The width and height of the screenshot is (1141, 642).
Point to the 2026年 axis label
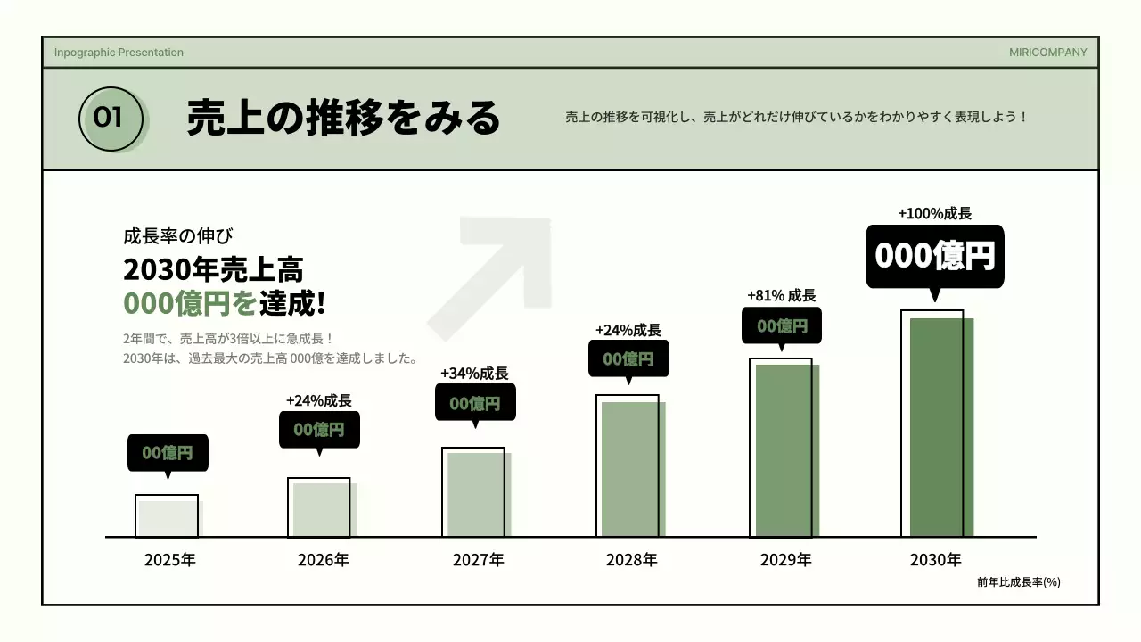pyautogui.click(x=323, y=560)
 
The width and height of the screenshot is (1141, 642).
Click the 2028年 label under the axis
pyautogui.click(x=631, y=560)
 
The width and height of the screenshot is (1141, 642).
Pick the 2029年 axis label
pyautogui.click(x=785, y=560)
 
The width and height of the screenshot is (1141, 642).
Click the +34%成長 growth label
pyautogui.click(x=474, y=373)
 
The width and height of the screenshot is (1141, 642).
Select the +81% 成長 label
pyautogui.click(x=781, y=295)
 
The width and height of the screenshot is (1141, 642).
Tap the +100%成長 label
pyautogui.click(x=934, y=213)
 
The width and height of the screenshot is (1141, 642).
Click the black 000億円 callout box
pyautogui.click(x=934, y=256)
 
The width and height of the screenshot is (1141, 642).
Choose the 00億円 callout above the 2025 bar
pyautogui.click(x=168, y=452)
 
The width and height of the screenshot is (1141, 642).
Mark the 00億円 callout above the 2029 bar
pyautogui.click(x=782, y=325)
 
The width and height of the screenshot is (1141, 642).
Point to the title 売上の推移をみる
pyautogui.click(x=343, y=118)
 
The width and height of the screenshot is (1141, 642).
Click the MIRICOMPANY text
pyautogui.click(x=1047, y=53)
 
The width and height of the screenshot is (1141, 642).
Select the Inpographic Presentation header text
pyautogui.click(x=119, y=53)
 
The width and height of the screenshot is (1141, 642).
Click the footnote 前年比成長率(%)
pyautogui.click(x=1018, y=582)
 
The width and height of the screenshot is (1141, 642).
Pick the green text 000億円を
pyautogui.click(x=190, y=303)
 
